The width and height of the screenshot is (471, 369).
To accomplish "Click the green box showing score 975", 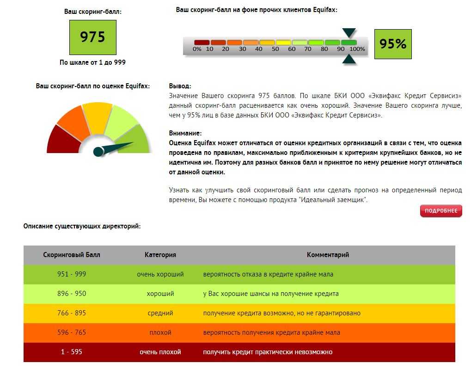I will pos(92,37).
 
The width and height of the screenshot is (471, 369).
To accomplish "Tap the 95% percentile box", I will pos(392,44).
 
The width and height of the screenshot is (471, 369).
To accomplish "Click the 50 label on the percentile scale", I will pos(275,49).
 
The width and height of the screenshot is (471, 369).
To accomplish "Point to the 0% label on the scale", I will pos(197,49).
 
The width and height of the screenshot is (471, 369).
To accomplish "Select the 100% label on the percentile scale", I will pos(357,49).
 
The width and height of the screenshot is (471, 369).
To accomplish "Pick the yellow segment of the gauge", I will pos(98,118).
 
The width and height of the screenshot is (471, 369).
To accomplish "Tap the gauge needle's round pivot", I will pos(98,151).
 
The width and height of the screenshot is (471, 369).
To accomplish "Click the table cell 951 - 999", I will pos(72,274).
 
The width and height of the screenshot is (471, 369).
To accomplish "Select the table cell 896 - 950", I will pos(72,294).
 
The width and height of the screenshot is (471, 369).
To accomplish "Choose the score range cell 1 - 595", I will pos(72,352).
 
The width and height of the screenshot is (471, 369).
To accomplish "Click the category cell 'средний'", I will pos(160,313).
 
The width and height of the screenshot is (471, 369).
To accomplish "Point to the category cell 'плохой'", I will pos(160,332).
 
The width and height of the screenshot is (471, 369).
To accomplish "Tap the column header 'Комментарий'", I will pos(328,255).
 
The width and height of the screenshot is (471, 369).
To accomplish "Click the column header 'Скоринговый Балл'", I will pos(72,255).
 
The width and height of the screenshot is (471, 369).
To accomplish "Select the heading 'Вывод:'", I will pos(180,86).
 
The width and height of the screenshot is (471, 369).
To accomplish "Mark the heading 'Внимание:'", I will pos(185,133).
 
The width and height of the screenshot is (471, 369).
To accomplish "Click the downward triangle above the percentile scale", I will pos(349,32).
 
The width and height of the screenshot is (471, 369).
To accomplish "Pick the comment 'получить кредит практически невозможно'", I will pos(268,352).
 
